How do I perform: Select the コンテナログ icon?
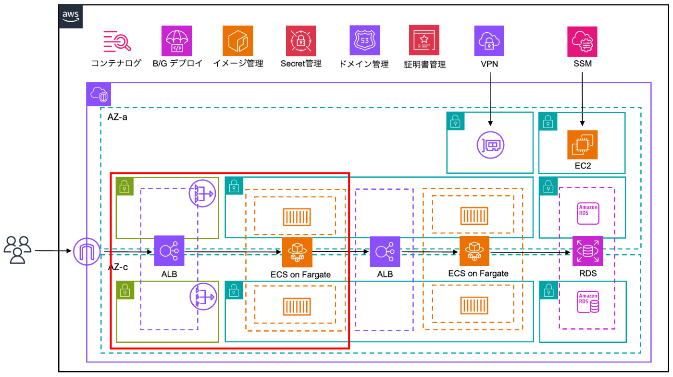point(117,41)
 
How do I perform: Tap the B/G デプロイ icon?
point(176,41)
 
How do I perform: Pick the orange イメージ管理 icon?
point(237,41)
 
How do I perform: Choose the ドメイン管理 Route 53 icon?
point(365,41)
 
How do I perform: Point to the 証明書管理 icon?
point(424,41)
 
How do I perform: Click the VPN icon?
point(489,41)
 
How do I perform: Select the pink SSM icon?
point(583,41)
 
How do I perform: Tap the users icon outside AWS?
point(17,250)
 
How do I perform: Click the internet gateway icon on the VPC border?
point(87,251)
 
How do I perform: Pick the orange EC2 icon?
point(582,144)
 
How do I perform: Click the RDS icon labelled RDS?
point(587,250)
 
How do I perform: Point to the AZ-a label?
point(117,117)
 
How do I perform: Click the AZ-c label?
point(118,267)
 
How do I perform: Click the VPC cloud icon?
point(99,95)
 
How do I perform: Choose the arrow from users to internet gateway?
point(52,251)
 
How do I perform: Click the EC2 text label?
point(582,166)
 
